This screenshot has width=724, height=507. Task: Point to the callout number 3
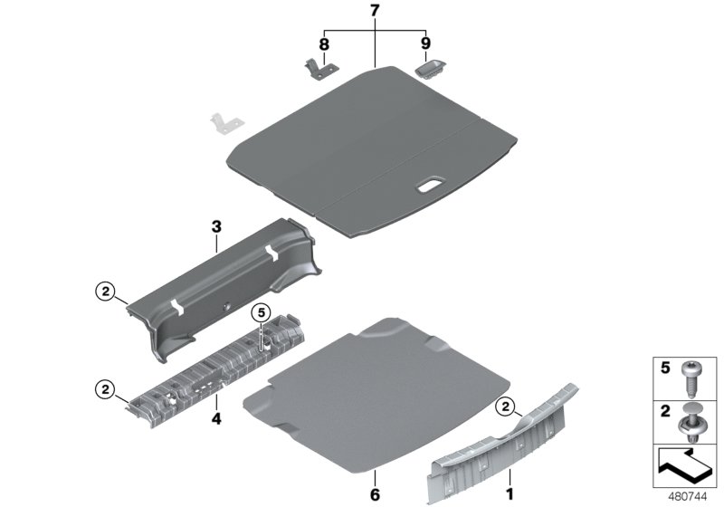click(x=216, y=219)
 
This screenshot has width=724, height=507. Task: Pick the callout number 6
click(x=374, y=493)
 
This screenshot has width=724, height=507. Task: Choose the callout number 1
click(x=509, y=493)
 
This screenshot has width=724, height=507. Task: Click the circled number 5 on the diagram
click(x=262, y=313)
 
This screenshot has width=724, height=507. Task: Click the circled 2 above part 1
click(x=505, y=406)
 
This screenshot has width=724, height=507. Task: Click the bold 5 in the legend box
click(x=665, y=368)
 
